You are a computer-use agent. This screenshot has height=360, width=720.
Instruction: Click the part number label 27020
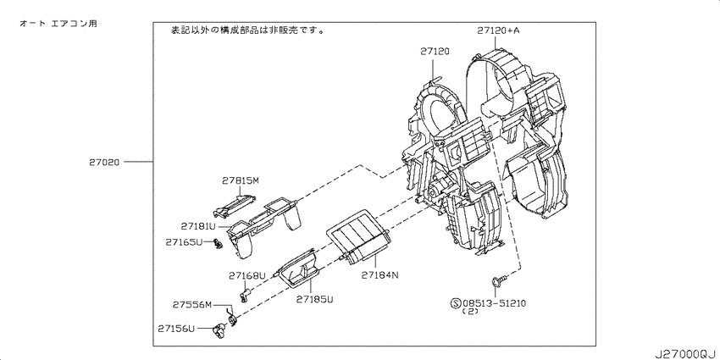tap(104, 162)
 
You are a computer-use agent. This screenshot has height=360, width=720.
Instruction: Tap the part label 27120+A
tap(498, 30)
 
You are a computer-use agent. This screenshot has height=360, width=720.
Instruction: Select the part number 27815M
tap(241, 180)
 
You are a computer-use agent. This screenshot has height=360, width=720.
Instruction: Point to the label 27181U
tap(198, 226)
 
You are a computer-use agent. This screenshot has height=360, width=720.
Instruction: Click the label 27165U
tap(184, 241)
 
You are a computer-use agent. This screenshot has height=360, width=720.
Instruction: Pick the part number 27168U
tap(247, 275)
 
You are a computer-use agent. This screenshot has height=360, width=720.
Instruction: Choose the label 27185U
tap(314, 299)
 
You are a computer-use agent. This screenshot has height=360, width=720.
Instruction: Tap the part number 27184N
tap(379, 275)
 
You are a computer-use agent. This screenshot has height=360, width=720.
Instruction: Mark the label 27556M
tap(192, 304)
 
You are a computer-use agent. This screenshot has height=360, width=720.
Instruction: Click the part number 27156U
tap(176, 329)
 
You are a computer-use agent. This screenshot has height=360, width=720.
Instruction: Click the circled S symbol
tap(456, 303)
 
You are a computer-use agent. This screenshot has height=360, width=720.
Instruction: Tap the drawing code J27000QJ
tap(686, 354)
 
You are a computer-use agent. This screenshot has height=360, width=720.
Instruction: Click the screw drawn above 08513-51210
tap(500, 279)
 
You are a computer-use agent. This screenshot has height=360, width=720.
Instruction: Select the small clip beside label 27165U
tap(216, 243)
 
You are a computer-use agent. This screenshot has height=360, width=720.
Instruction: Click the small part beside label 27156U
tap(220, 330)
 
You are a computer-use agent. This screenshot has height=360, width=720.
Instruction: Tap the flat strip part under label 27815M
tap(235, 205)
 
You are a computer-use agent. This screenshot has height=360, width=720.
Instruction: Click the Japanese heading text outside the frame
tap(58, 24)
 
